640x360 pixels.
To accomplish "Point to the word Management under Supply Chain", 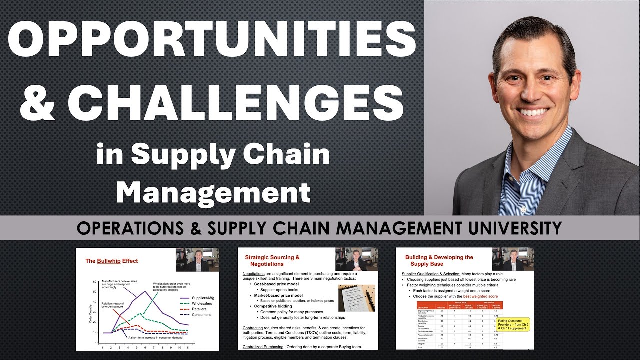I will click(x=216, y=192).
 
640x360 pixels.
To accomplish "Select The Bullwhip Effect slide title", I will click(x=112, y=261).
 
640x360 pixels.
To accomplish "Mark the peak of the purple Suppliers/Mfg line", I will click(x=144, y=291).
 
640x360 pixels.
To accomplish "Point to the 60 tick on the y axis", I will click(x=95, y=282).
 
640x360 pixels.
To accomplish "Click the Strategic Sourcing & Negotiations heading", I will click(x=273, y=260).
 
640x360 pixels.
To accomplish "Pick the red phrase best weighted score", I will click(x=477, y=296).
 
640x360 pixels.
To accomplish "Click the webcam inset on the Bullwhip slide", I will click(x=197, y=259).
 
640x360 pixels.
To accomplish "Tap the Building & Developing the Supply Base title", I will click(x=439, y=260).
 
